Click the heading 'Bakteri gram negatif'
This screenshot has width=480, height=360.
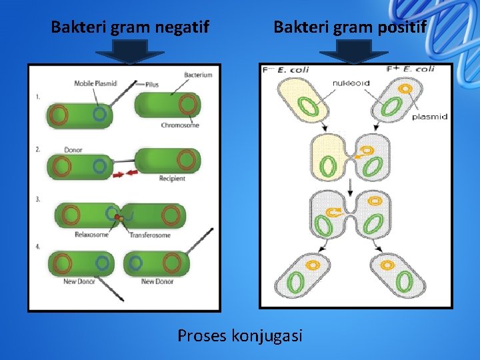(x=130, y=27)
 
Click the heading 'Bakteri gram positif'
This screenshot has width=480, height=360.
(x=350, y=27)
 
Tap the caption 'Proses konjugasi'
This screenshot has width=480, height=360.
(x=240, y=335)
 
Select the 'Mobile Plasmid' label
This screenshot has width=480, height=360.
(x=95, y=83)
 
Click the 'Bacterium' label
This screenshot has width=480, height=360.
(x=198, y=75)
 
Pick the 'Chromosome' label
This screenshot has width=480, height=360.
(x=180, y=125)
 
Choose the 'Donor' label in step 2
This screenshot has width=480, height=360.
(x=73, y=150)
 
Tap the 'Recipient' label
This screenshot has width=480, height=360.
(x=172, y=178)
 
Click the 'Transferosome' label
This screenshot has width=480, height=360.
(x=150, y=235)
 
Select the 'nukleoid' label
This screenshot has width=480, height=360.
(x=351, y=83)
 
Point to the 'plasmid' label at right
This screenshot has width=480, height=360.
(x=429, y=117)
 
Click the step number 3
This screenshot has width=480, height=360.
(x=38, y=199)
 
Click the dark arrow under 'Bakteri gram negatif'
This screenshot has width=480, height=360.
(x=137, y=52)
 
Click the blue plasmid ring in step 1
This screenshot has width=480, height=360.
(x=99, y=114)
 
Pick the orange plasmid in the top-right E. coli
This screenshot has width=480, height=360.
(x=404, y=88)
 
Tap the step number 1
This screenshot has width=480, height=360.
(x=38, y=97)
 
